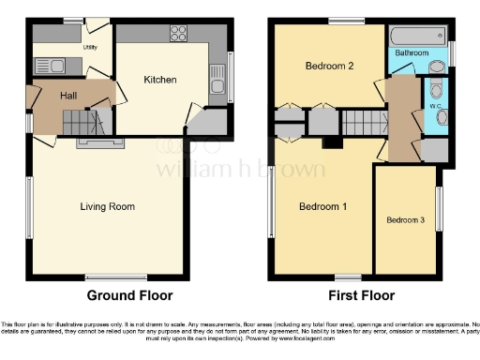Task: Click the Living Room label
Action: click(108, 207)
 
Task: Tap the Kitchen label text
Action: click(159, 81)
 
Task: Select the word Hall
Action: click(68, 96)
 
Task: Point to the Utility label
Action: click(90, 46)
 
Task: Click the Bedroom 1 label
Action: click(323, 206)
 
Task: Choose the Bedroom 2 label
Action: click(329, 67)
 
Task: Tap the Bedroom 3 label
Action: click(405, 220)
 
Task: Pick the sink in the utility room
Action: click(46, 65)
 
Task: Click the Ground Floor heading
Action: click(129, 294)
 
